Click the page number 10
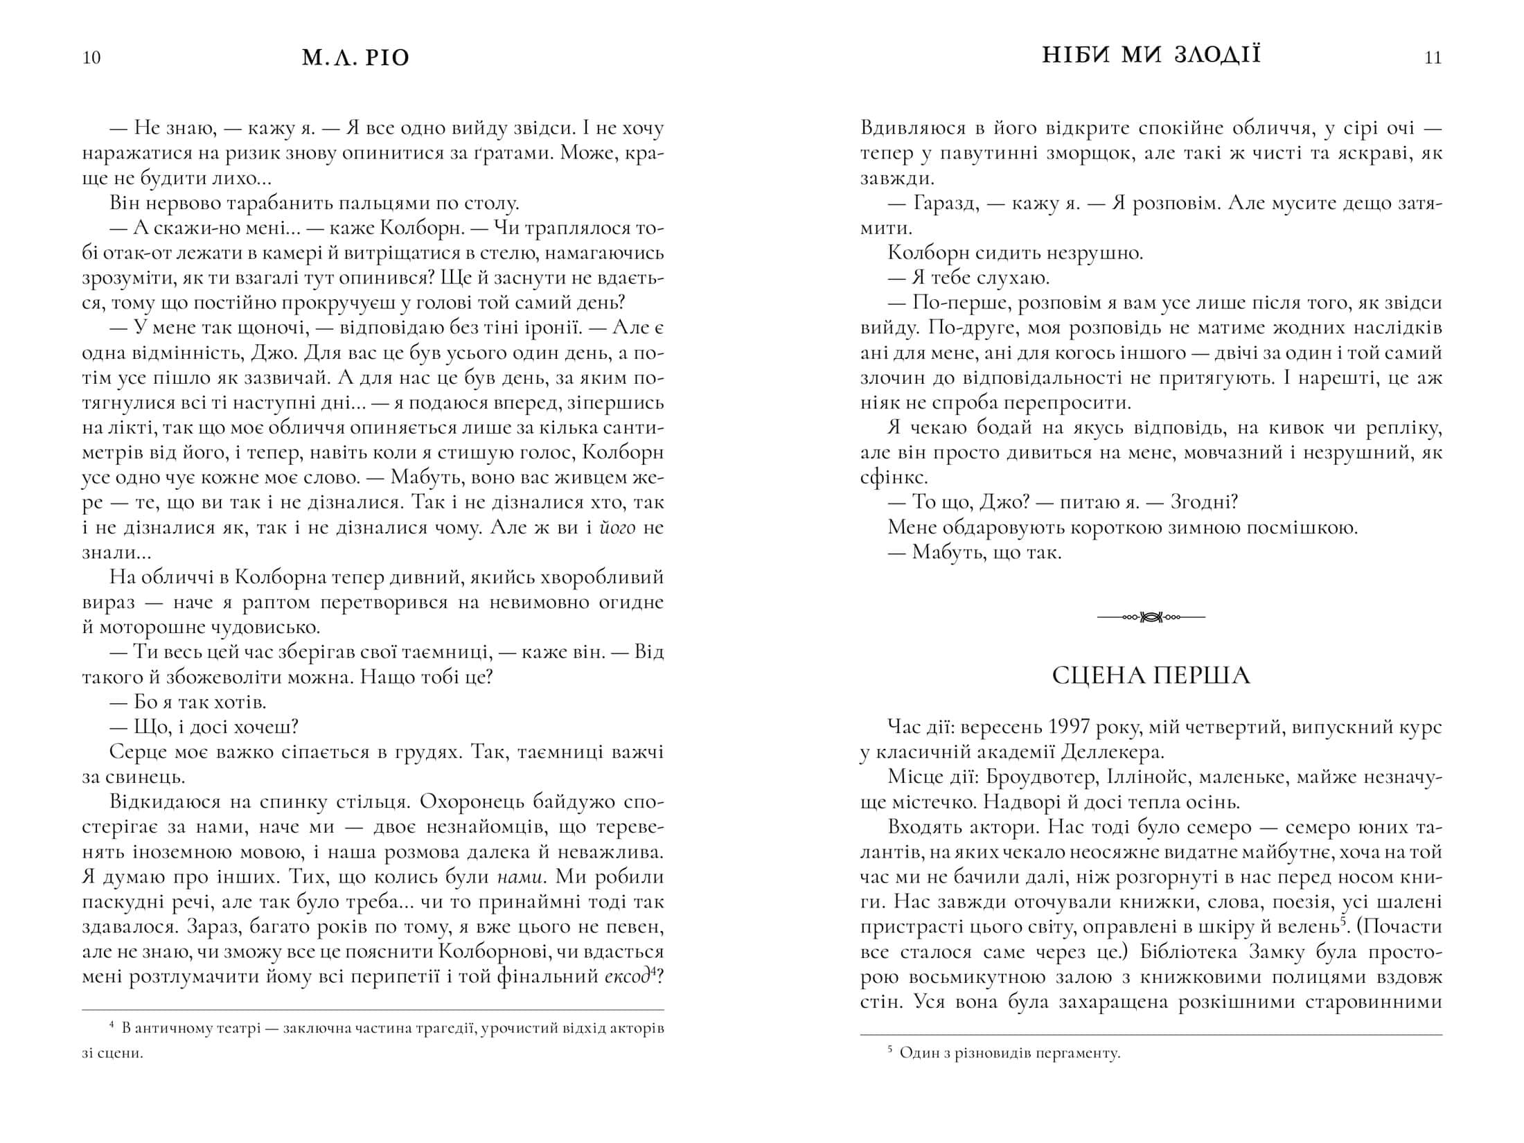click(x=91, y=57)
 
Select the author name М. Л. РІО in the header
click(x=356, y=57)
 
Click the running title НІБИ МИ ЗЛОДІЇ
click(x=1151, y=55)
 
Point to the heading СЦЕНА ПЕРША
click(x=1151, y=675)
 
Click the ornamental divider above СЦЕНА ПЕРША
click(x=1151, y=617)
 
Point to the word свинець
click(x=132, y=777)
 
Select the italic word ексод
click(x=626, y=977)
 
